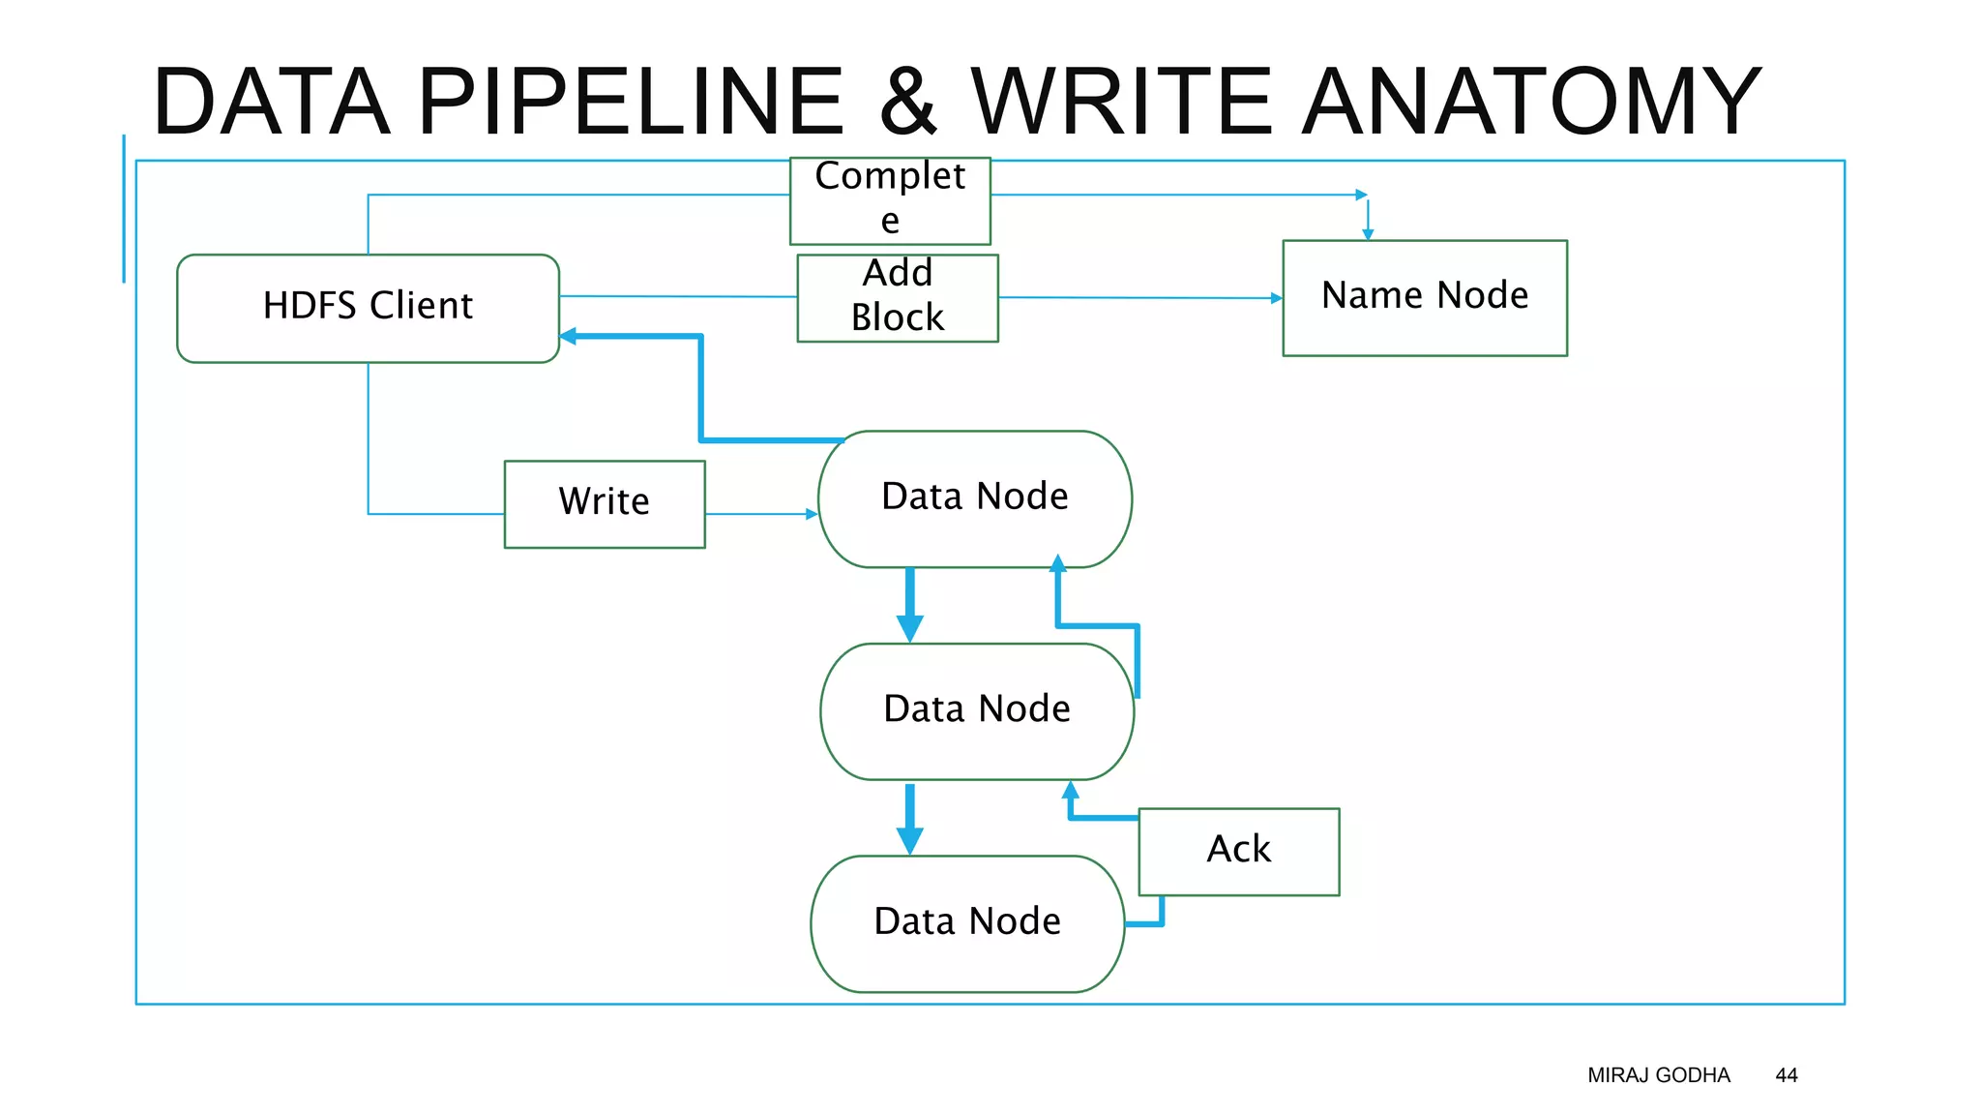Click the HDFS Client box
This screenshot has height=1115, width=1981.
point(368,308)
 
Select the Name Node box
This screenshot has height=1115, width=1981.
point(1424,297)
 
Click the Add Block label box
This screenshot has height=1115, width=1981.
point(897,297)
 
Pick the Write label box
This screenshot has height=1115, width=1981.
point(605,503)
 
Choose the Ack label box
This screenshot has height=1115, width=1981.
point(1238,851)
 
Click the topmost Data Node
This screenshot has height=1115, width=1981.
point(974,497)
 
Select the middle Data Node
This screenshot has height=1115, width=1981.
point(976,710)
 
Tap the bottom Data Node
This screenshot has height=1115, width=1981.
point(966,922)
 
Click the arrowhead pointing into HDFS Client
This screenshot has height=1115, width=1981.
point(568,336)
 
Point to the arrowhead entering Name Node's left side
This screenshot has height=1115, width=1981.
point(1276,298)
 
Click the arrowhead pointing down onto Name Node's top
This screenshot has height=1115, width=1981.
point(1367,234)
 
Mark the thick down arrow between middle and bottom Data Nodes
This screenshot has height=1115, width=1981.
point(909,821)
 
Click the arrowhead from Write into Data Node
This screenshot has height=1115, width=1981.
point(812,514)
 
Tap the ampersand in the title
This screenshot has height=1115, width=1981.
point(907,101)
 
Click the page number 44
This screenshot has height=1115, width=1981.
point(1786,1075)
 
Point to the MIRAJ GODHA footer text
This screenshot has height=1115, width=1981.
point(1658,1075)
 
